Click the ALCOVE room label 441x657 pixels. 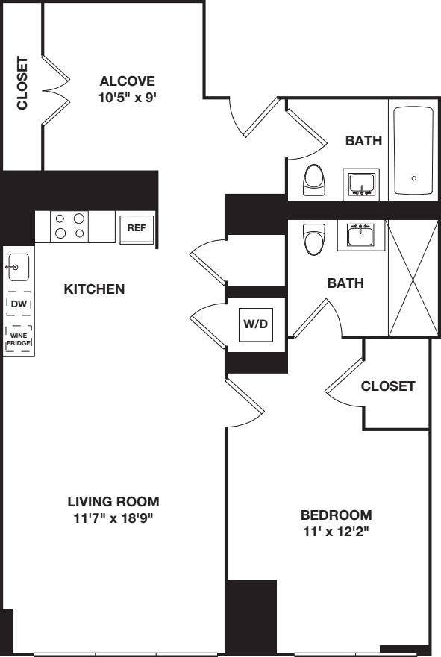click(127, 81)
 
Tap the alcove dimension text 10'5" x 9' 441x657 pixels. click(127, 98)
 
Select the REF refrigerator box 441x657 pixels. click(136, 228)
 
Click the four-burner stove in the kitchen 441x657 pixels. click(69, 226)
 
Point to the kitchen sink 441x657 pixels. click(18, 266)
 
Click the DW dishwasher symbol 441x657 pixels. click(18, 304)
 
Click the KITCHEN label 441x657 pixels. click(94, 289)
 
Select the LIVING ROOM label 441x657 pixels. click(113, 501)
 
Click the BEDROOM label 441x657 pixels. click(336, 515)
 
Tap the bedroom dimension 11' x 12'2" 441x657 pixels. click(336, 533)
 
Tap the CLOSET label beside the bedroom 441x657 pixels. click(387, 386)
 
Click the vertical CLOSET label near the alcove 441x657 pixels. click(22, 83)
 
